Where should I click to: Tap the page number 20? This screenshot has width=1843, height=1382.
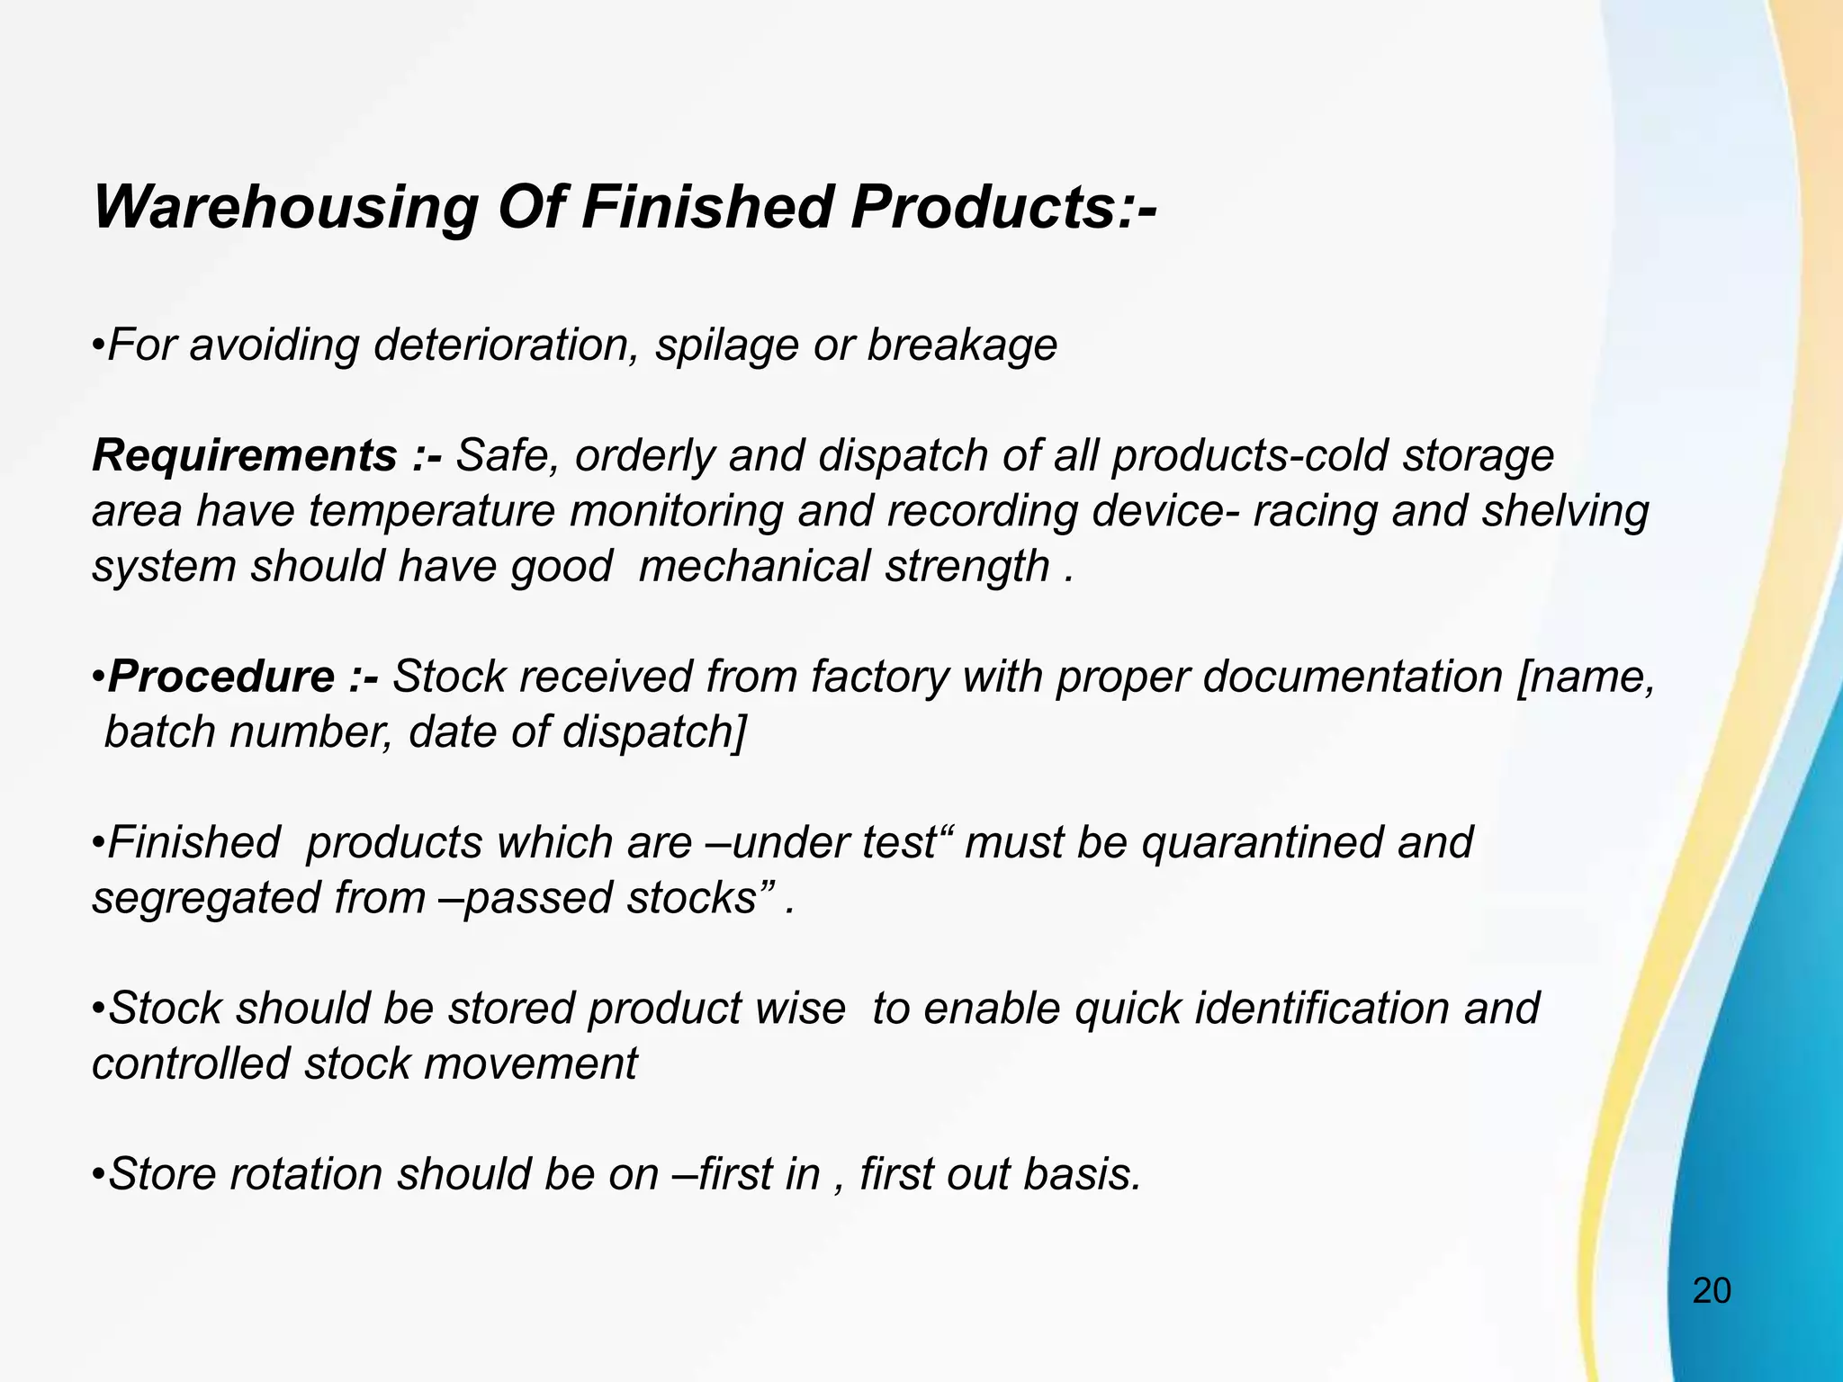[x=1712, y=1291]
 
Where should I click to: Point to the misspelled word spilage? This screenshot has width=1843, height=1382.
[x=726, y=346]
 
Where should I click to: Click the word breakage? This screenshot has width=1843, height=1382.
[x=961, y=346]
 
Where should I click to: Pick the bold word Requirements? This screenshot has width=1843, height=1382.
[x=244, y=456]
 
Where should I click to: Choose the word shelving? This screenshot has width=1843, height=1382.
[x=1565, y=512]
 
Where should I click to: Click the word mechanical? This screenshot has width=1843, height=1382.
[x=754, y=567]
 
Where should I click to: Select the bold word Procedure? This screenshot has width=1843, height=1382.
[x=220, y=677]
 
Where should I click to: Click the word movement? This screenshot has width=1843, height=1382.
[x=530, y=1064]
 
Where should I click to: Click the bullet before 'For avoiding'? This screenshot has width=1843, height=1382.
[x=99, y=346]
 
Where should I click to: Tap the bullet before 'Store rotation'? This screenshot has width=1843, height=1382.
[x=99, y=1176]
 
